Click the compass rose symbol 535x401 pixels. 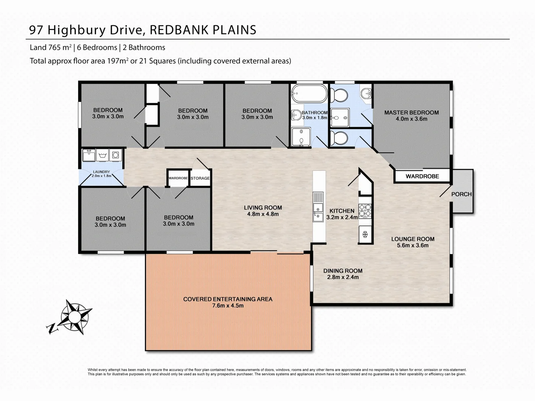tap(74, 317)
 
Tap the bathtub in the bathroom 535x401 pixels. tap(309, 94)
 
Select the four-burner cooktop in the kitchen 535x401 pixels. tap(365, 210)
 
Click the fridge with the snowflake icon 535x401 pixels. tap(365, 234)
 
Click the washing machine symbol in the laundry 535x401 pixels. tap(102, 155)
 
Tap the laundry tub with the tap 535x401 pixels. tap(89, 155)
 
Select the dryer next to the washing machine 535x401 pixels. tap(116, 155)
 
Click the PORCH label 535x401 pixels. tap(461, 194)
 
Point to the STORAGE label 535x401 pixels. tap(200, 178)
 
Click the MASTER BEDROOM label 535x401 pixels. tap(411, 113)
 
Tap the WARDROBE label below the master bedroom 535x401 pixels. tap(422, 176)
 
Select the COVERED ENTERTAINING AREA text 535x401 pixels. tap(228, 299)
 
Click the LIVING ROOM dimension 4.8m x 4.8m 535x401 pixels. tap(263, 214)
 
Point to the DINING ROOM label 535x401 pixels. tap(343, 271)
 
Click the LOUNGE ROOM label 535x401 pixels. tap(412, 239)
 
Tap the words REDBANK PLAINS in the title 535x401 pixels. tap(203, 30)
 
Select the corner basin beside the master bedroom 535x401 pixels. tap(366, 93)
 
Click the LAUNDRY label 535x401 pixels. tap(101, 172)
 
